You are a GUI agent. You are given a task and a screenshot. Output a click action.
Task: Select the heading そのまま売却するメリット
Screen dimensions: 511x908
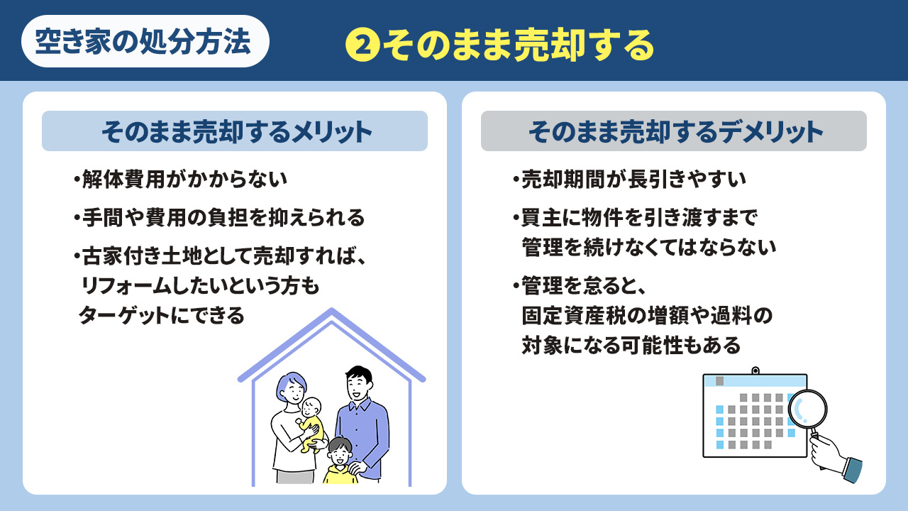point(235,131)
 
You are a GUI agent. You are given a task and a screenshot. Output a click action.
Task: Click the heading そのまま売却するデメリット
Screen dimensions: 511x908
point(674,131)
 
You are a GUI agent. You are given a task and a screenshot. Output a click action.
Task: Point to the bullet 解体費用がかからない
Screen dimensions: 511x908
point(180,179)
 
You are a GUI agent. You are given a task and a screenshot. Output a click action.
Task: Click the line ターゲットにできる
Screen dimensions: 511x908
point(161,314)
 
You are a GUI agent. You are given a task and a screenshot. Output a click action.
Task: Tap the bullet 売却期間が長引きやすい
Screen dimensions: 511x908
point(629,179)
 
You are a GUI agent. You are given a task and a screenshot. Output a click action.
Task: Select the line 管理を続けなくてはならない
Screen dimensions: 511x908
point(649,247)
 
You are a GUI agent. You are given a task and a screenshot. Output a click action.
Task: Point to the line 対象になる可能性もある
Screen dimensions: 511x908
point(631,346)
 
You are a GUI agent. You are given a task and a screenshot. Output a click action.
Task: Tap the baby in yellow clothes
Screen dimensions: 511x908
point(311,423)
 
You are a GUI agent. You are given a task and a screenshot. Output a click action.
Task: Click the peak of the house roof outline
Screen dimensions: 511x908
point(331,312)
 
